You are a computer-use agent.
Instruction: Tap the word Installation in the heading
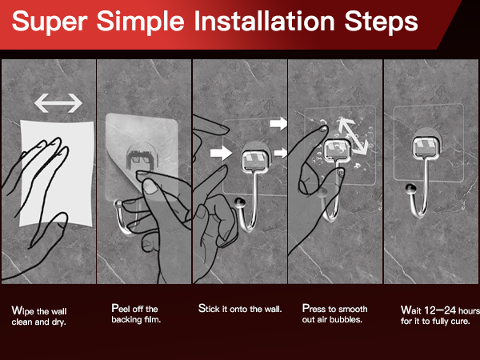265,21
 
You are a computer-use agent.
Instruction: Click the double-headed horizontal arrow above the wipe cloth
58,103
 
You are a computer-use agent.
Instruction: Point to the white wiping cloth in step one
57,173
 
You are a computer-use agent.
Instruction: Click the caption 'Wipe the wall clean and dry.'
39,317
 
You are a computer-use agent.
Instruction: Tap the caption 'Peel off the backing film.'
136,314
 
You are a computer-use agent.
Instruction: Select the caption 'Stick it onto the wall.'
240,309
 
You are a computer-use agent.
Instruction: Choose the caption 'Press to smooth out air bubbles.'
334,314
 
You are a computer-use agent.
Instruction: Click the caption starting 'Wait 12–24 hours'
440,315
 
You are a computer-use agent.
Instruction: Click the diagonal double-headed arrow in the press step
353,135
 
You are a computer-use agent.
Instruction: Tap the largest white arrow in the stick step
221,153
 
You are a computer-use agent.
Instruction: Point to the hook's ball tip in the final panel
411,189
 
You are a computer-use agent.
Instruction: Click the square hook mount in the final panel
426,148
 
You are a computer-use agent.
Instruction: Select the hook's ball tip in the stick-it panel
240,203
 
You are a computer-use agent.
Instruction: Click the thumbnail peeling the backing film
150,187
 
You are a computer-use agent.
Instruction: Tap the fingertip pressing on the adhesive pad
322,129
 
